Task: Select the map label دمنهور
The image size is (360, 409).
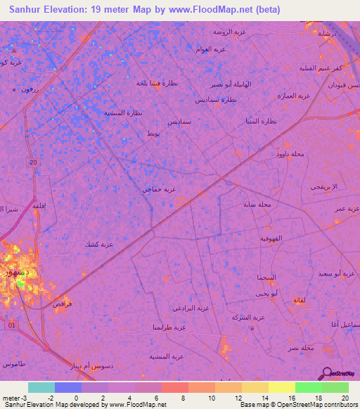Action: [x=15, y=271]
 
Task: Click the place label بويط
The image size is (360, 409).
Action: [x=153, y=134]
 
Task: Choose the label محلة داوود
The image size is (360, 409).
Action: [x=290, y=153]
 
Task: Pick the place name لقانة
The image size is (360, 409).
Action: [x=297, y=300]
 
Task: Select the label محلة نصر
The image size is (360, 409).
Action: [x=301, y=348]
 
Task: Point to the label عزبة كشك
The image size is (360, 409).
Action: [x=99, y=244]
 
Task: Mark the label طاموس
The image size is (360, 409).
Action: [x=13, y=364]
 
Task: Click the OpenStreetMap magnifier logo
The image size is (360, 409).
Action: [x=326, y=374]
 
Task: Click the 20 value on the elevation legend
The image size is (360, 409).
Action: [x=344, y=398]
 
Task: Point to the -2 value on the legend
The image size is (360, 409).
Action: [x=50, y=398]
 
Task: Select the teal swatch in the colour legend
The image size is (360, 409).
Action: [x=41, y=387]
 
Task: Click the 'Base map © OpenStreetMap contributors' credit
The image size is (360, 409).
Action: [x=298, y=405]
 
